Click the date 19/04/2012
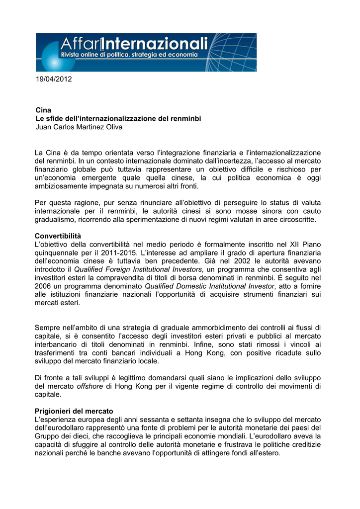[54, 80]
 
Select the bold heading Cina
[43, 109]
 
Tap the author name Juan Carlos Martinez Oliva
[79, 127]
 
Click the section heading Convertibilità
[58, 235]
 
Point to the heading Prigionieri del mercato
[74, 411]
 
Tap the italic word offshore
[90, 386]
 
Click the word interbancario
[58, 345]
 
